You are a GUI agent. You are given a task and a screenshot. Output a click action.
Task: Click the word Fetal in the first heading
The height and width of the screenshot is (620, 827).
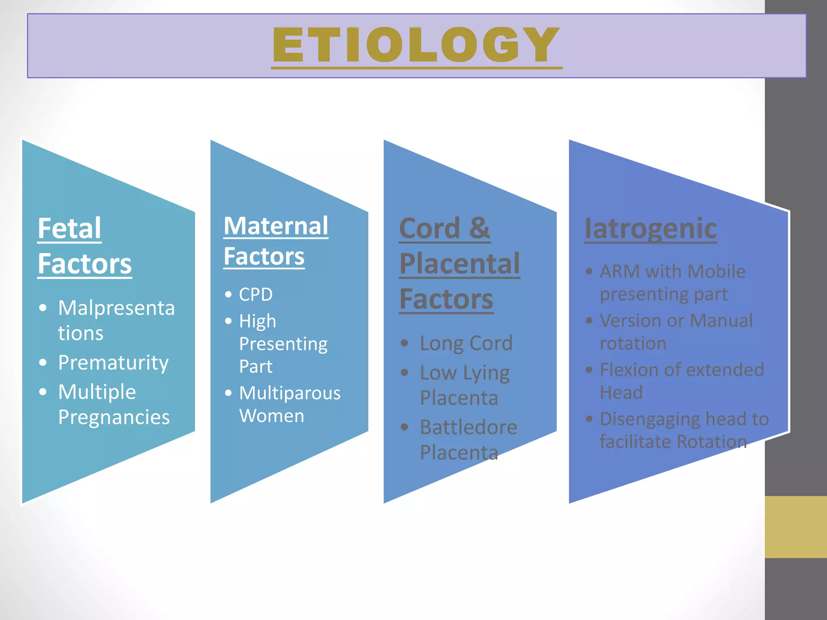[69, 228]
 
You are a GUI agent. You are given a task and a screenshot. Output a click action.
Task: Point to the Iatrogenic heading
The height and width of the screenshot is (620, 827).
[651, 228]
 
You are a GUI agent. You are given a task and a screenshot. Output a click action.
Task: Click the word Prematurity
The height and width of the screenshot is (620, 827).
[113, 362]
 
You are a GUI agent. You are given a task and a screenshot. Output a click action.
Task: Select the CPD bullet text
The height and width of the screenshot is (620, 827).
[256, 295]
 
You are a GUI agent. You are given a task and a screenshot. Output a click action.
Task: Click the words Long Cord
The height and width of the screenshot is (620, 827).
[466, 343]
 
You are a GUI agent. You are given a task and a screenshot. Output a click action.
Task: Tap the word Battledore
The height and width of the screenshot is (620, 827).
[468, 427]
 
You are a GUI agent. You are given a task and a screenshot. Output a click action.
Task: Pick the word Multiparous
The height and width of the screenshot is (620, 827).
[290, 393]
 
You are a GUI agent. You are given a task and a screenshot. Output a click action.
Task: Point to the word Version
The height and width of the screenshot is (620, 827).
[630, 320]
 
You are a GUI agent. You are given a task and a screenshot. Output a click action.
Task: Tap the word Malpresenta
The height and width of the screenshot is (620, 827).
[116, 308]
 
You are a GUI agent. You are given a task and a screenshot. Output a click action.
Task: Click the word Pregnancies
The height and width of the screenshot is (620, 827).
[114, 417]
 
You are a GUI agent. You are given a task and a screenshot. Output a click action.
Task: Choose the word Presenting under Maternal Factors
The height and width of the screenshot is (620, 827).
[283, 344]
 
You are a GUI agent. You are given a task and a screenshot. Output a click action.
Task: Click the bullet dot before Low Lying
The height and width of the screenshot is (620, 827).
[405, 372]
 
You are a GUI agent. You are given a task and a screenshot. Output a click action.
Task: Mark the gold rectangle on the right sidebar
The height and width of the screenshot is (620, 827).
[796, 527]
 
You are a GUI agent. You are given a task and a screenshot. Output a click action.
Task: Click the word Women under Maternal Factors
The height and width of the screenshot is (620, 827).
[271, 416]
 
